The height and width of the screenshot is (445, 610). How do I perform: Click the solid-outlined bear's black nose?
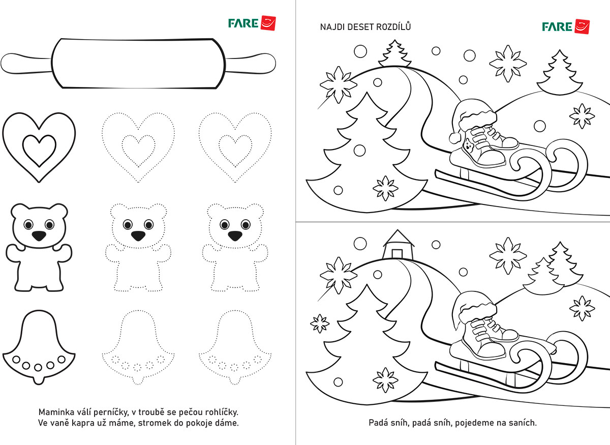[39, 235]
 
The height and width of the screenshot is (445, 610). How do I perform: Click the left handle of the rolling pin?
[26, 64]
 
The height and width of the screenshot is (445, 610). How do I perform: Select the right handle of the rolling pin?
[251, 64]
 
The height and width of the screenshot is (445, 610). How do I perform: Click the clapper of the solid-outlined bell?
[39, 380]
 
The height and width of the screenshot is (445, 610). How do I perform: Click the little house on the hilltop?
[398, 245]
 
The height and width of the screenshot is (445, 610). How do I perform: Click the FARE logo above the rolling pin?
[252, 23]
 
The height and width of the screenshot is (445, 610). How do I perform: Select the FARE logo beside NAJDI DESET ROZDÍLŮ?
[566, 27]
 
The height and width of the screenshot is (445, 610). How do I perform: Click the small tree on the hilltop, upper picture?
[395, 53]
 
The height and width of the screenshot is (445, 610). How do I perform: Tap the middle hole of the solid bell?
[38, 367]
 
